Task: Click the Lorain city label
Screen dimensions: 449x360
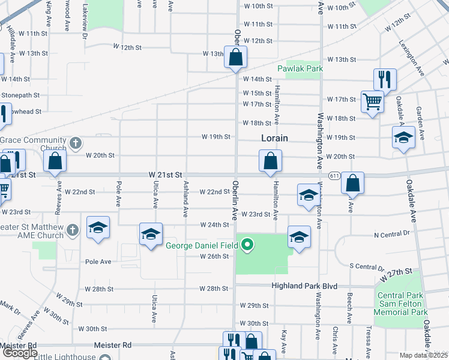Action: coord(274,138)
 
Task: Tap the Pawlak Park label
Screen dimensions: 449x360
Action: coord(300,68)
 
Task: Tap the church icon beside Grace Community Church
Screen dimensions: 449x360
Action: coord(75,143)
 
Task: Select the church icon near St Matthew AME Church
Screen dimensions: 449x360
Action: coord(72,230)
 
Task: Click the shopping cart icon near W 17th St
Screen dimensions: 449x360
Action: coord(372,101)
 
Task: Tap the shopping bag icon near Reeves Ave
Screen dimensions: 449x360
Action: coord(55,161)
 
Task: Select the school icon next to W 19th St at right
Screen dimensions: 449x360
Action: coord(403,137)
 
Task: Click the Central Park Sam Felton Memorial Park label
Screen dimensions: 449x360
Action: coord(400,304)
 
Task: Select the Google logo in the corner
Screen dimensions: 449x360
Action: coord(20,353)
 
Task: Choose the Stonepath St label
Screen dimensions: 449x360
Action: coord(20,95)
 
